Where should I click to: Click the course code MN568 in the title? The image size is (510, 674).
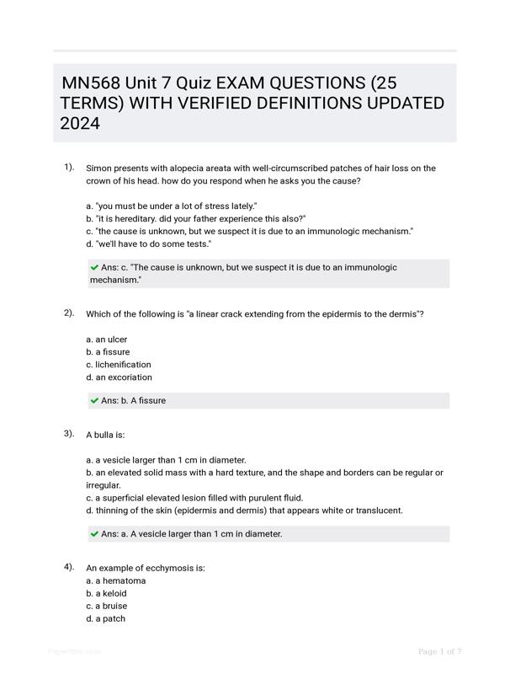click(91, 83)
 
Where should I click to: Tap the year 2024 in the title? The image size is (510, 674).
click(80, 124)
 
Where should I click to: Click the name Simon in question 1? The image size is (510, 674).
click(99, 168)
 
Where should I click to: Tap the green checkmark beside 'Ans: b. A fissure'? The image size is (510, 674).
click(94, 401)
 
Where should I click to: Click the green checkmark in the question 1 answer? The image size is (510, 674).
click(94, 267)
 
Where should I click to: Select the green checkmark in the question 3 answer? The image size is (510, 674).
click(94, 533)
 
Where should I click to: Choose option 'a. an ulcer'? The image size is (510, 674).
click(106, 340)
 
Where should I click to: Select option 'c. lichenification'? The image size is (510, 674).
click(119, 365)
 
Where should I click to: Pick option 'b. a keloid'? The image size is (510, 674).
click(105, 593)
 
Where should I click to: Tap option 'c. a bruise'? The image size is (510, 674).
click(105, 606)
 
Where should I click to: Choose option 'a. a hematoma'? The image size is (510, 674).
click(115, 580)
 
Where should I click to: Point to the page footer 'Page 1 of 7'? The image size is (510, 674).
click(439, 651)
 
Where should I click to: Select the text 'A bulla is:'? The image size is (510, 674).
click(105, 435)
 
